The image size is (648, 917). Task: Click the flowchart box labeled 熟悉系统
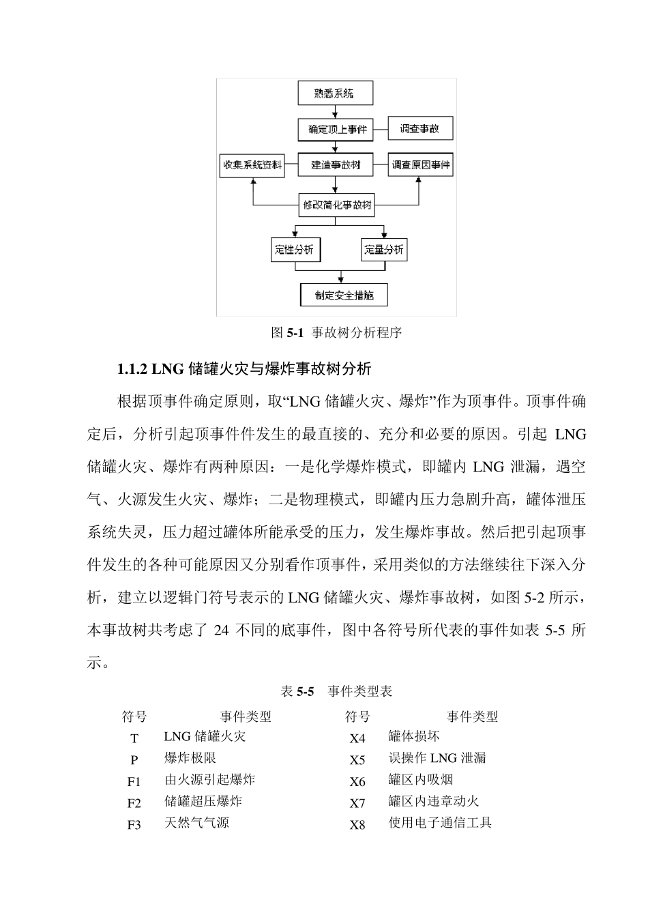(335, 93)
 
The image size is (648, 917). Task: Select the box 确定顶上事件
(335, 129)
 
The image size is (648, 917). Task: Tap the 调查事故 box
(420, 128)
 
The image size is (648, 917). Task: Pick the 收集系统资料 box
(252, 165)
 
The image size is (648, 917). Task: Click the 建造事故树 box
(335, 165)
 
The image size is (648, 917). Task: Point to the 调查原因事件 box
(420, 165)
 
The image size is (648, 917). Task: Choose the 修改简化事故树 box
(338, 205)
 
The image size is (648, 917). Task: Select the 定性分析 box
(294, 250)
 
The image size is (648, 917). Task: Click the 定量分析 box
(383, 250)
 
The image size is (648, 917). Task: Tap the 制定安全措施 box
(344, 295)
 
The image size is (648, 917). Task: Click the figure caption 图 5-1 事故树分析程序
(336, 333)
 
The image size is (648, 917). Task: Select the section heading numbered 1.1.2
(244, 369)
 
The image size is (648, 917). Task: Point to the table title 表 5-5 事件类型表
(336, 691)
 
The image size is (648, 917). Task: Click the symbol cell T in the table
(134, 738)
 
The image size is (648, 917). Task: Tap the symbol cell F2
(134, 803)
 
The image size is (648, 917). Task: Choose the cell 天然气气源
(196, 823)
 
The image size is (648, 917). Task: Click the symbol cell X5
(357, 760)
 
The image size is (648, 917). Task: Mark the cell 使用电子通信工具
(440, 823)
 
